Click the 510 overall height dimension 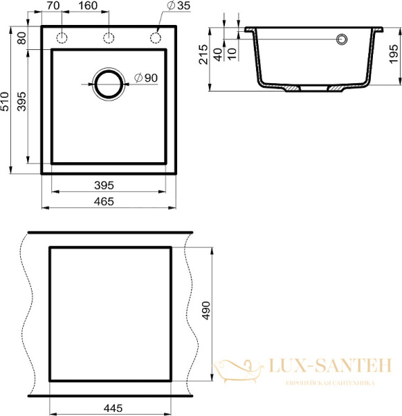(x=5, y=101)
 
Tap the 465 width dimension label (x=104, y=202)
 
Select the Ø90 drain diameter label (x=146, y=78)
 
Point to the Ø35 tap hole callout (x=179, y=6)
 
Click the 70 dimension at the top (x=53, y=6)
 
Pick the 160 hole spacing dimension (x=88, y=6)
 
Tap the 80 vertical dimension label (x=22, y=38)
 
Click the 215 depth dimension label (x=203, y=54)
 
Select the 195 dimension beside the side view (x=394, y=54)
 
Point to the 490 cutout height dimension (x=205, y=311)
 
